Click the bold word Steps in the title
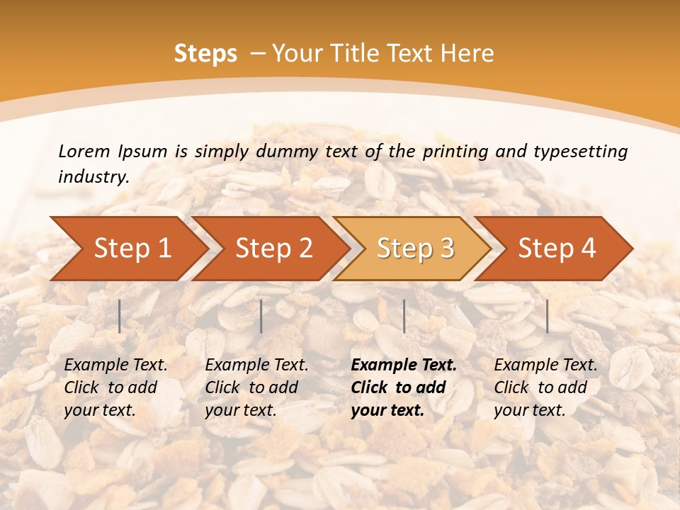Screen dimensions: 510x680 (205, 54)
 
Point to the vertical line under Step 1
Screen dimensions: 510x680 (120, 316)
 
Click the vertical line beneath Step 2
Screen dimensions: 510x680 (261, 316)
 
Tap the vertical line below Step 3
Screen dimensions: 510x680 (404, 316)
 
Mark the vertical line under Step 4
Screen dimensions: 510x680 (547, 316)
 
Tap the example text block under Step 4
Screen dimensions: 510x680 (545, 387)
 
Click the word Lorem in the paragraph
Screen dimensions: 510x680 (84, 152)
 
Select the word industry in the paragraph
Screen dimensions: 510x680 (93, 177)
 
